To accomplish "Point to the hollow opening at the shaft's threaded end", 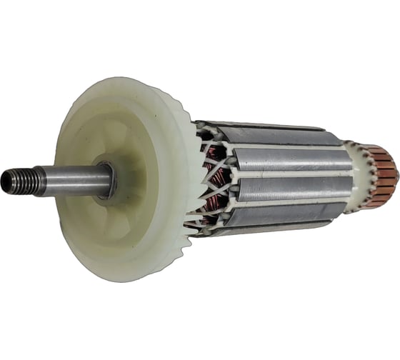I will point(6,184).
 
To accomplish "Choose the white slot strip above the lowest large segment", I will point(286,203).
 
